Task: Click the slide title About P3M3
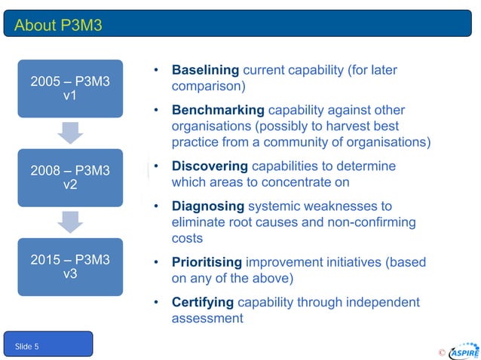(x=58, y=26)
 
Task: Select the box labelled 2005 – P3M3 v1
(x=70, y=89)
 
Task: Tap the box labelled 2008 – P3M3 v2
(x=70, y=178)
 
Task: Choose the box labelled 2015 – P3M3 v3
(x=70, y=267)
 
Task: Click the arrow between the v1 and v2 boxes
(x=70, y=133)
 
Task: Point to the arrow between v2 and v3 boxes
(x=70, y=222)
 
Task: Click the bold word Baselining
(x=205, y=70)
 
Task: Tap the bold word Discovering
(x=210, y=166)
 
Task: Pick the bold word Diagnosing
(x=208, y=206)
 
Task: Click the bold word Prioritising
(x=207, y=262)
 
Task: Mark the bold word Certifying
(x=203, y=302)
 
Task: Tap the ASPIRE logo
(x=464, y=352)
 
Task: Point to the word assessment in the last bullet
(x=207, y=319)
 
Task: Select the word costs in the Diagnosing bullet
(x=187, y=238)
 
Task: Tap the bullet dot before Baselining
(x=155, y=71)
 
